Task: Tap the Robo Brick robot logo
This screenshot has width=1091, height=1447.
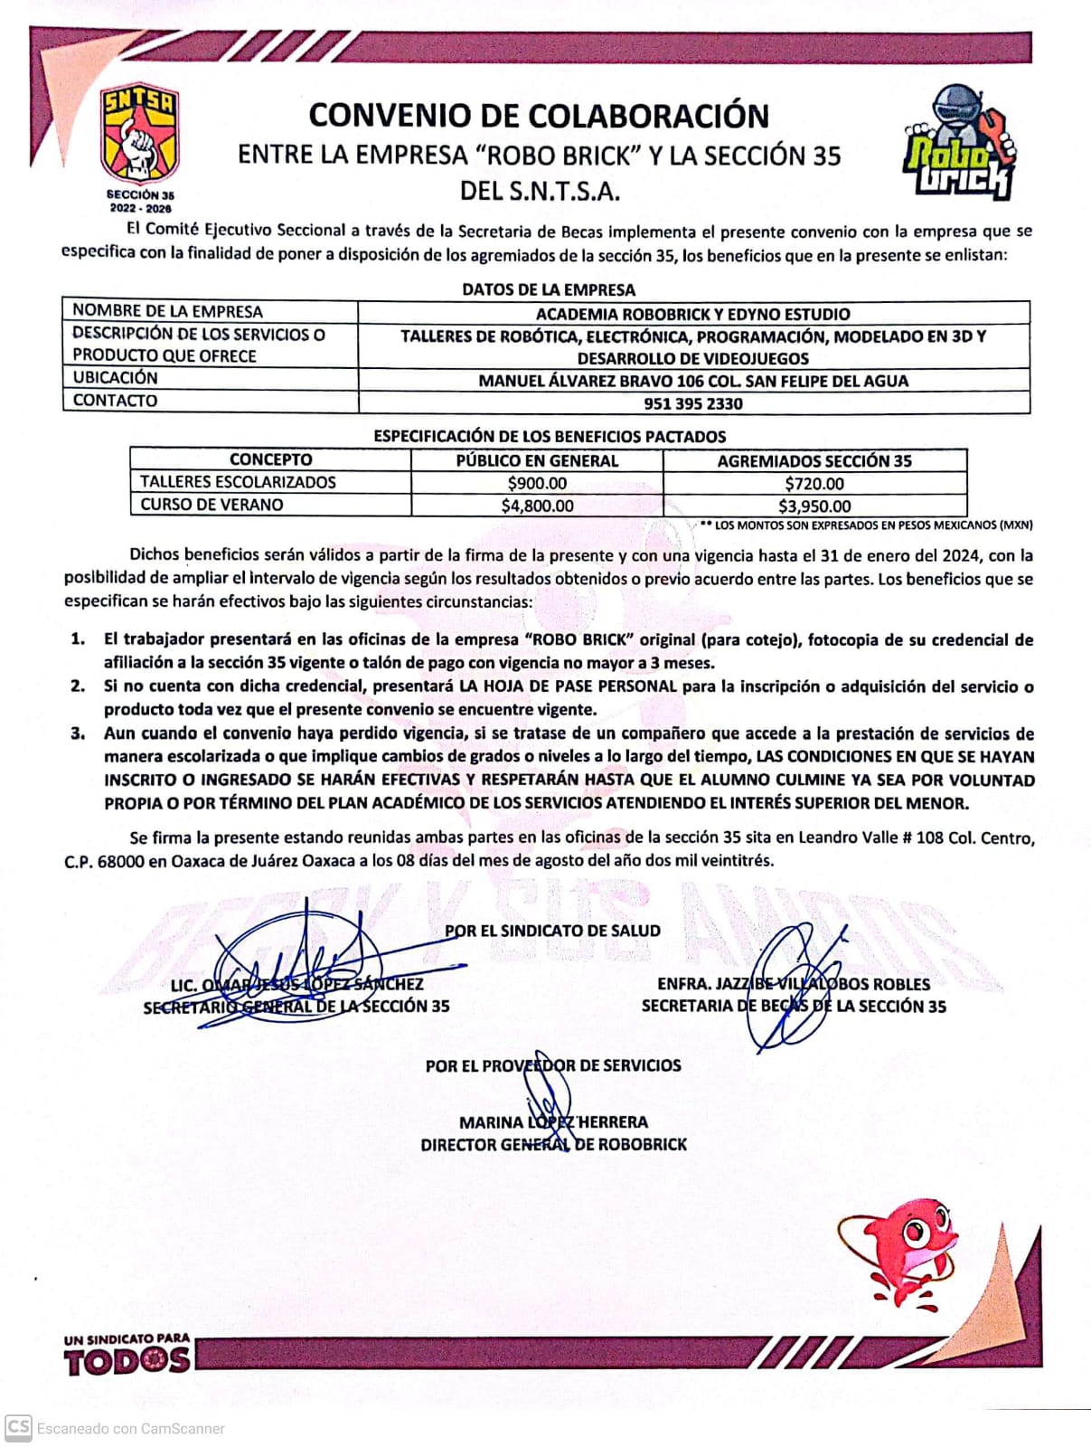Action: pyautogui.click(x=959, y=142)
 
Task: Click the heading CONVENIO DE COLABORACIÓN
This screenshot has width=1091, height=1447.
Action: pyautogui.click(x=539, y=116)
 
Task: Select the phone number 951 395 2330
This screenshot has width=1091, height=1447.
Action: pyautogui.click(x=693, y=403)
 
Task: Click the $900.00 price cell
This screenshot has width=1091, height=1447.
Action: pyautogui.click(x=537, y=483)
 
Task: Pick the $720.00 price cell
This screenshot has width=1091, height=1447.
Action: pyautogui.click(x=814, y=483)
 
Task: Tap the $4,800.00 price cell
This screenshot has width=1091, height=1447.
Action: pyautogui.click(x=537, y=506)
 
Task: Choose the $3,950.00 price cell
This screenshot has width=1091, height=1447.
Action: pyautogui.click(x=814, y=506)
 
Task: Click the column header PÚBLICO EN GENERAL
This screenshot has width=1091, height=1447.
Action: pyautogui.click(x=537, y=460)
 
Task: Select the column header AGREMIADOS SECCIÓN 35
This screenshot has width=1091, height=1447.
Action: pyautogui.click(x=814, y=460)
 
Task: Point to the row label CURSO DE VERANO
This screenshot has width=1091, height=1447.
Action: pyautogui.click(x=212, y=505)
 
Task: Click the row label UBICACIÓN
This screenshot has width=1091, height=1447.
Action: pyautogui.click(x=115, y=378)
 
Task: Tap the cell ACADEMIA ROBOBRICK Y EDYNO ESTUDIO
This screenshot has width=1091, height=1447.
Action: pyautogui.click(x=693, y=314)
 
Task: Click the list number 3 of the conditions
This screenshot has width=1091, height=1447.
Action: pyautogui.click(x=78, y=733)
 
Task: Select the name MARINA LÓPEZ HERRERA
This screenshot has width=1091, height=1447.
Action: pyautogui.click(x=553, y=1122)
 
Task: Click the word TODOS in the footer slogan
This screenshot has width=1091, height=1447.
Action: pyautogui.click(x=127, y=1361)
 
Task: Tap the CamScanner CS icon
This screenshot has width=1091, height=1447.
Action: pyautogui.click(x=18, y=1428)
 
